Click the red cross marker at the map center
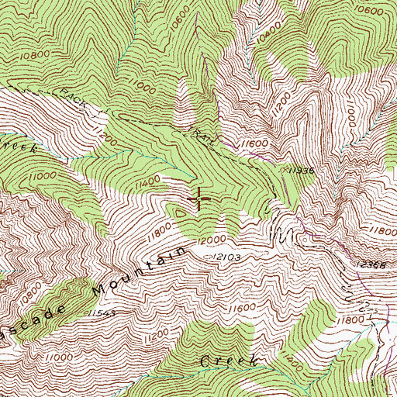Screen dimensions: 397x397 [198, 199]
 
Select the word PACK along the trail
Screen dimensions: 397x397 [74, 102]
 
